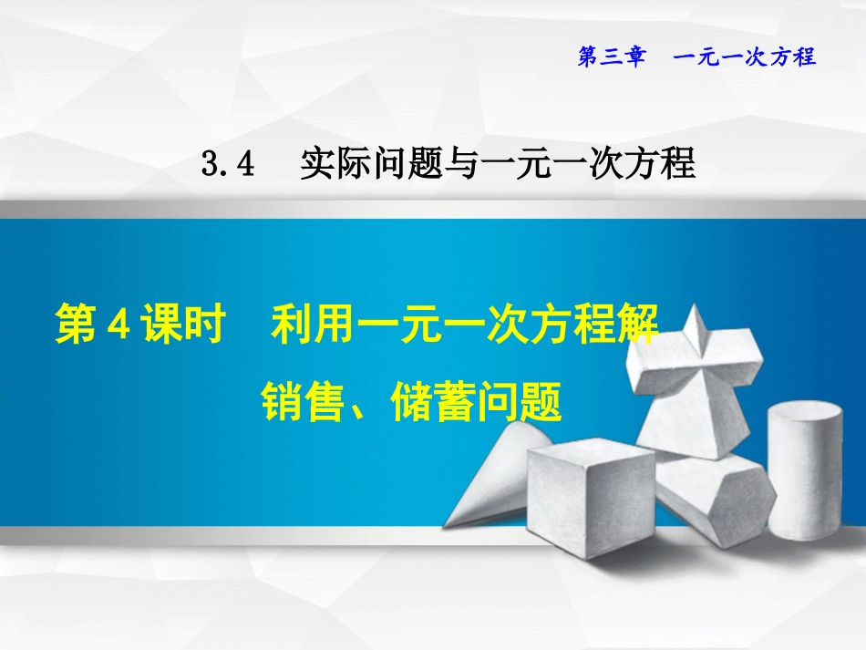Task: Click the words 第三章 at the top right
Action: pyautogui.click(x=612, y=57)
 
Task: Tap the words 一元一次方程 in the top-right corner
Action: pyautogui.click(x=744, y=57)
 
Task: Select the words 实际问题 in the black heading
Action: pyautogui.click(x=363, y=164)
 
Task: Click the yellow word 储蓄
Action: pyautogui.click(x=426, y=402)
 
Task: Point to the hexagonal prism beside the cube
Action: pyautogui.click(x=720, y=497)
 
